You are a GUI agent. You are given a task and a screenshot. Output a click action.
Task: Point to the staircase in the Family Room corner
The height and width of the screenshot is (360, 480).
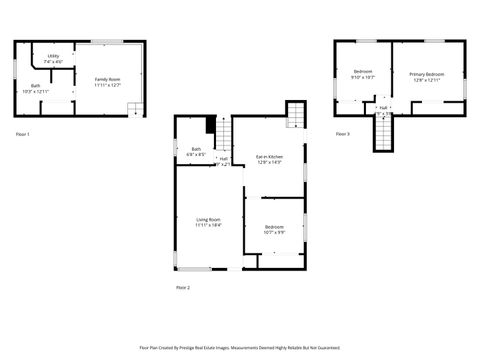click(136, 109)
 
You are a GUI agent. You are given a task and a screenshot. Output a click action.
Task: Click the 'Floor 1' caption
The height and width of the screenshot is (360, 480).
click(23, 133)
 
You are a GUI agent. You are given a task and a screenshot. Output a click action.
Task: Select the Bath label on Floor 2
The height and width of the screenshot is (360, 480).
click(195, 151)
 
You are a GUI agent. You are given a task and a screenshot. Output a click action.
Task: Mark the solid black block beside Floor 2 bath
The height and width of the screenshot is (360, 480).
click(212, 125)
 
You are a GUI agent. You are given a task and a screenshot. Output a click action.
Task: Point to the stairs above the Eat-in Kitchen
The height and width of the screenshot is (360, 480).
click(296, 118)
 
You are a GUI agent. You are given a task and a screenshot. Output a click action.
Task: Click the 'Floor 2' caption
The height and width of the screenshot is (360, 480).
click(182, 287)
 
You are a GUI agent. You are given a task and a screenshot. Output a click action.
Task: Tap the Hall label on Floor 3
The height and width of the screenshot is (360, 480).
click(383, 107)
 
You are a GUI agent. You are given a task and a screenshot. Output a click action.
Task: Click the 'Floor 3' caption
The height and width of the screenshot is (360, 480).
click(342, 133)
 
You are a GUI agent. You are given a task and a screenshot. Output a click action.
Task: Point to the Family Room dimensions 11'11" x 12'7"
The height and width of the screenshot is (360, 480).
click(107, 86)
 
